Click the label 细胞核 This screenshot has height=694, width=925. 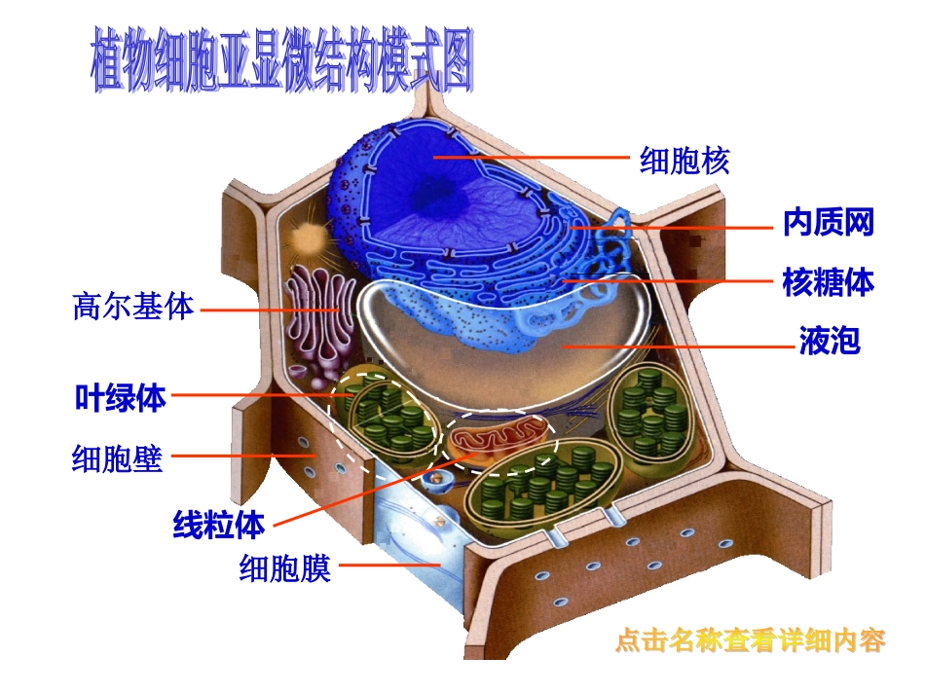click(x=684, y=160)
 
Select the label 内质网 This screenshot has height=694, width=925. click(x=829, y=224)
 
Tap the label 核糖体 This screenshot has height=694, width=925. click(x=829, y=282)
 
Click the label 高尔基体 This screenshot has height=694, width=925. click(x=133, y=308)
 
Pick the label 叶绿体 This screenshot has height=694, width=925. click(x=121, y=397)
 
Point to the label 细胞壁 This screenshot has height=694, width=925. click(x=117, y=457)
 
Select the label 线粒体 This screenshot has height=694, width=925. click(x=218, y=526)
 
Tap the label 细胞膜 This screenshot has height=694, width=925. click(x=285, y=567)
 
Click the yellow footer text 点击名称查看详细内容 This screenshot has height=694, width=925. click(x=751, y=642)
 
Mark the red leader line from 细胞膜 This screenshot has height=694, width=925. click(x=389, y=564)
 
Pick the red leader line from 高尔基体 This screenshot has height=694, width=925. click(x=268, y=310)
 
